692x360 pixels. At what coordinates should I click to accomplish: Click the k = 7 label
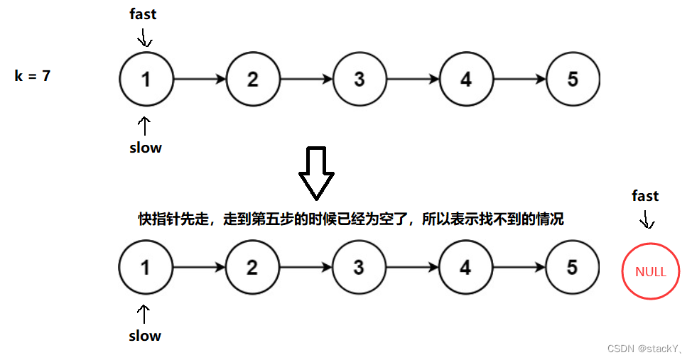point(33,75)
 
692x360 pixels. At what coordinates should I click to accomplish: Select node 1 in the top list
point(146,80)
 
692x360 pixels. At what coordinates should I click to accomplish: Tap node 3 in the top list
point(359,80)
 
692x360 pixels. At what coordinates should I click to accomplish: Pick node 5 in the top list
point(573,80)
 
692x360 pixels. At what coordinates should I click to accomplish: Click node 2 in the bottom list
point(252,268)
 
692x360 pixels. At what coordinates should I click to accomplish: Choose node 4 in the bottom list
point(465,268)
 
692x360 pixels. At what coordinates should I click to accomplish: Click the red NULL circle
point(650,271)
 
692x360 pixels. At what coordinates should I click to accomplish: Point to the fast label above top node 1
point(142,14)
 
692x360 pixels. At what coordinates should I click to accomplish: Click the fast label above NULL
point(645,196)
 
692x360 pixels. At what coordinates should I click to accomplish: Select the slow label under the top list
point(145,148)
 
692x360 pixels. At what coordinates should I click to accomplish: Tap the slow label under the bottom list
point(145,336)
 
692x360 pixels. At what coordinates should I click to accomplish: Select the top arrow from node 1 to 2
point(200,80)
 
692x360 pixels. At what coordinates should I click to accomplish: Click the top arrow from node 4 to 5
point(519,80)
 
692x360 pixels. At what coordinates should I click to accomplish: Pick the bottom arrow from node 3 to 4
point(412,268)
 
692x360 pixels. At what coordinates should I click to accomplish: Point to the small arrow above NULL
point(647,221)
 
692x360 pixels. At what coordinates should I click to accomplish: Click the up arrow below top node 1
point(145,126)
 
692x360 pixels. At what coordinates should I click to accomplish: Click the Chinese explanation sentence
point(350,219)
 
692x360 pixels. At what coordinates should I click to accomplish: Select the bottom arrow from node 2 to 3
point(306,268)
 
